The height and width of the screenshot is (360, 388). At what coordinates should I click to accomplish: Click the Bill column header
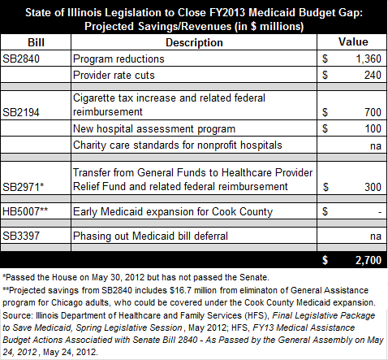(x=36, y=42)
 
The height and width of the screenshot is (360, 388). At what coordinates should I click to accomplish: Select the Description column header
(x=194, y=42)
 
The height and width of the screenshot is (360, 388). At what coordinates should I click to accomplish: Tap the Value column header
(x=353, y=42)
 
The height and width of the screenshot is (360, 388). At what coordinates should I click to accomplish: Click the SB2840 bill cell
(x=21, y=59)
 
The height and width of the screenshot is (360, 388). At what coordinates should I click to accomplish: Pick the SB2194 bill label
(x=21, y=112)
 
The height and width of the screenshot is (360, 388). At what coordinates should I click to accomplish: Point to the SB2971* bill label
(x=24, y=187)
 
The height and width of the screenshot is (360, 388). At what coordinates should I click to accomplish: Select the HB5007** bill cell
(x=25, y=211)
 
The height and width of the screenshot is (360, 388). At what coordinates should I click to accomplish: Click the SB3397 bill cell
(x=21, y=236)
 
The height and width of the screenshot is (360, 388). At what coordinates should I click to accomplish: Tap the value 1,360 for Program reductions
(x=369, y=59)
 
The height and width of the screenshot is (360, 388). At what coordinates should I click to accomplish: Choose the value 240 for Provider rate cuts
(x=373, y=75)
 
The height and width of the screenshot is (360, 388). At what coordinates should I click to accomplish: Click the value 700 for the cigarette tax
(x=373, y=112)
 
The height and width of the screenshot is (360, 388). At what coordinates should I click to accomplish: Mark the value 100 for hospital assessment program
(x=373, y=128)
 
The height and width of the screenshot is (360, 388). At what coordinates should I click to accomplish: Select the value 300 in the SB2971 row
(x=373, y=187)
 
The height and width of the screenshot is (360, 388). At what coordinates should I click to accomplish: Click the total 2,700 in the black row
(x=369, y=260)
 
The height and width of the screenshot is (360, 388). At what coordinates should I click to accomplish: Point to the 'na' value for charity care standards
(x=376, y=146)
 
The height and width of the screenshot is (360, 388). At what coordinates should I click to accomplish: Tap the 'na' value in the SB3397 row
(x=376, y=236)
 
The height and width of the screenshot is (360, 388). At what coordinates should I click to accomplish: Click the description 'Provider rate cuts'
(x=114, y=75)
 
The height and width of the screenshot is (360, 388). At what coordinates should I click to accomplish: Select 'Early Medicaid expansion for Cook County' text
(x=173, y=212)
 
